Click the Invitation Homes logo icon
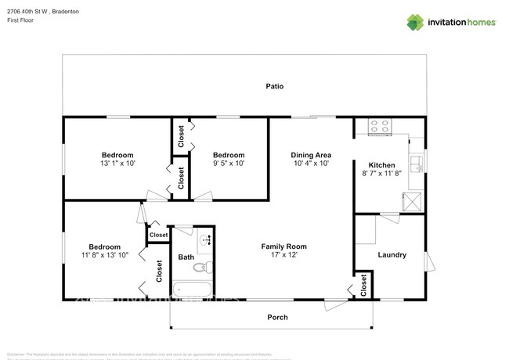click(414, 22)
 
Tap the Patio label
click(273, 86)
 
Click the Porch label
click(277, 317)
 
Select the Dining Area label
click(311, 155)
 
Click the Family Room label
click(283, 247)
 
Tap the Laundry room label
click(392, 254)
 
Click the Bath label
click(186, 257)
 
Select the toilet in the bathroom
click(202, 268)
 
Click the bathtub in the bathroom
click(191, 290)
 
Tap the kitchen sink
click(418, 164)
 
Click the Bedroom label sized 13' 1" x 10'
click(117, 155)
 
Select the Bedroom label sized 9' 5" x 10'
click(229, 155)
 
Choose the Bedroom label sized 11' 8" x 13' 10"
click(104, 246)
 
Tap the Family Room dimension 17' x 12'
click(283, 256)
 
